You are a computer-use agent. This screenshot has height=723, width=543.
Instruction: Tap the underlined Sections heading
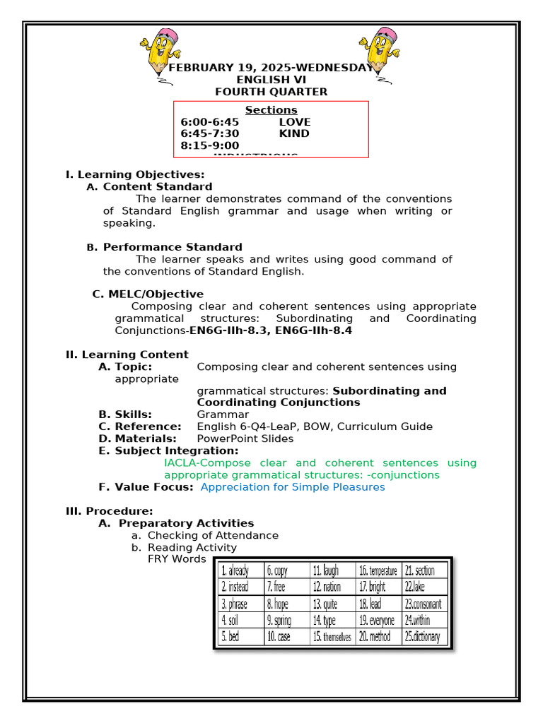[x=271, y=110]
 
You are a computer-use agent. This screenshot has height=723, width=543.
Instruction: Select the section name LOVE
[x=294, y=122]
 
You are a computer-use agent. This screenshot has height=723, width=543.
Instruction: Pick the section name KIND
[x=294, y=133]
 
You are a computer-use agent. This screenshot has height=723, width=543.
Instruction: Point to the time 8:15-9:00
[x=210, y=145]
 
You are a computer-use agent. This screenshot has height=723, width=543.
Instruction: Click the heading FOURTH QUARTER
[x=271, y=92]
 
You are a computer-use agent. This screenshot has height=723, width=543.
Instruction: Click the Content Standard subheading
[x=157, y=187]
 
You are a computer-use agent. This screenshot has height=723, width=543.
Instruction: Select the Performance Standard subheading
[x=172, y=247]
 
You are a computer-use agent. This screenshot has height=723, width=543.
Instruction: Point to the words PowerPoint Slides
[x=245, y=438]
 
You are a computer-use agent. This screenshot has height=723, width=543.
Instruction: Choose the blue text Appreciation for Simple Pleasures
[x=293, y=487]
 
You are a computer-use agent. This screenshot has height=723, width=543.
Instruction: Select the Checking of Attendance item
[x=213, y=535]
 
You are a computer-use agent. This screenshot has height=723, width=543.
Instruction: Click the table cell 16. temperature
[x=378, y=570]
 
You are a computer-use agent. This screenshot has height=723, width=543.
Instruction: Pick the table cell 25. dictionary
[x=423, y=637]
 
